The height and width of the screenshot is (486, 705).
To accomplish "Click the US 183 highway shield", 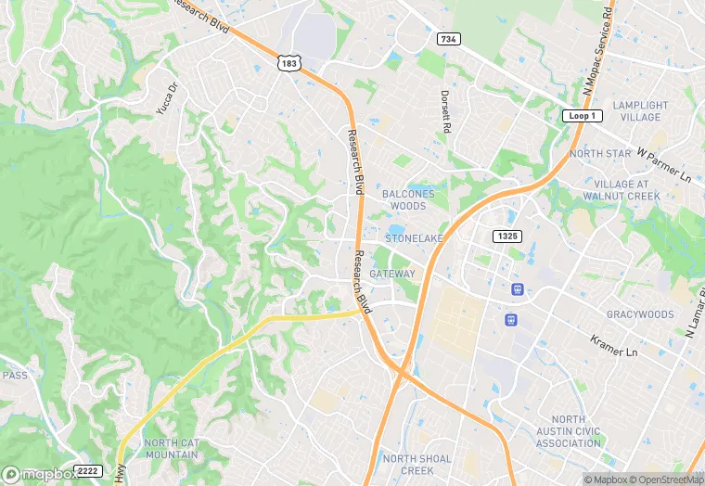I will (x=288, y=62).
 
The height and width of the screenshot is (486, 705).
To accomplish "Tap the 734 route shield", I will (x=449, y=39).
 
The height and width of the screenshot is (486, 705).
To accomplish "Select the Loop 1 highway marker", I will (x=583, y=116).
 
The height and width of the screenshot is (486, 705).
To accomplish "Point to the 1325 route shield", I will (x=506, y=237).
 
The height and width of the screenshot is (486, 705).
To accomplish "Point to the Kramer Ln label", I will (x=614, y=347).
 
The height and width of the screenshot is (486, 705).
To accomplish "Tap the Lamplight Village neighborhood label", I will (x=640, y=111).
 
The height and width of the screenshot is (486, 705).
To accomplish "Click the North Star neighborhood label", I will (x=600, y=153).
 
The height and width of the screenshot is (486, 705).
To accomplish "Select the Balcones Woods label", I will (x=408, y=199).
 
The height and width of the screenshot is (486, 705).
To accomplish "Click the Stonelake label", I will (x=415, y=238).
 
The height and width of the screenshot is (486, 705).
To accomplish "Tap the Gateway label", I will (x=392, y=275).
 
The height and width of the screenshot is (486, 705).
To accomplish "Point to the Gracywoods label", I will (x=640, y=314).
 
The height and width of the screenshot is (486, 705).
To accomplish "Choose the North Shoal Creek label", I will (x=417, y=465).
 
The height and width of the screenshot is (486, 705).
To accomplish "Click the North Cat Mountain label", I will (x=171, y=449).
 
